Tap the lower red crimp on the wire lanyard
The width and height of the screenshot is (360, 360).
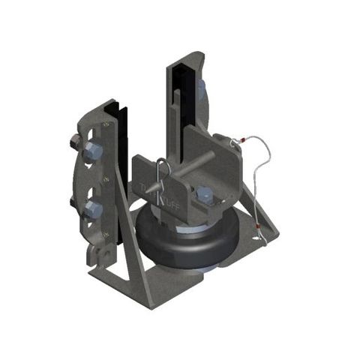point(258,224)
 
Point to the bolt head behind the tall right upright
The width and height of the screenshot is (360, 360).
point(202,90)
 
